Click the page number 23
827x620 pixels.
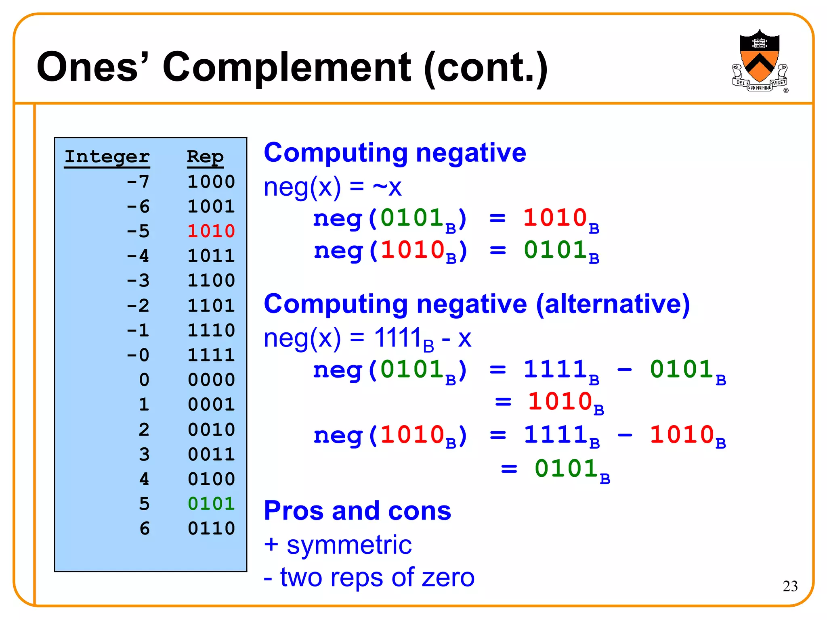790,586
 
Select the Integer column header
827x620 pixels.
107,157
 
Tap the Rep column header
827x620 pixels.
205,157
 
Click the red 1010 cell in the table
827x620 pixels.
211,231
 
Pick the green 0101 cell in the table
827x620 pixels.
211,504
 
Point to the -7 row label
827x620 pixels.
138,182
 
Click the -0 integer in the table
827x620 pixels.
138,355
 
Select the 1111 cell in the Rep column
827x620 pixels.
211,355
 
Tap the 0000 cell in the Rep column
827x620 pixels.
211,380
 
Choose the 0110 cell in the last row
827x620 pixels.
211,528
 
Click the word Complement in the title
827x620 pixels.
286,67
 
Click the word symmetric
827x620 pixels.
349,545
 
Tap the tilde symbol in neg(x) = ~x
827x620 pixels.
380,187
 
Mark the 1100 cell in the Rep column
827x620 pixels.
211,281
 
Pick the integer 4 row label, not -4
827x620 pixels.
144,479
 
